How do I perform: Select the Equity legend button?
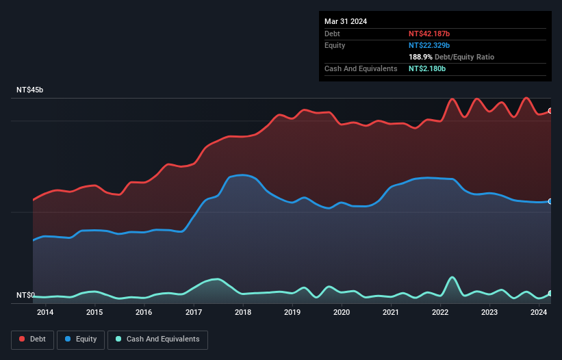click(81, 339)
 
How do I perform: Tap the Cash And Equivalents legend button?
click(157, 339)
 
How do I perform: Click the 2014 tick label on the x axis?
click(45, 313)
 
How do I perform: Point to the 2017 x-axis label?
click(194, 313)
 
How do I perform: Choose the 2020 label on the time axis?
click(342, 313)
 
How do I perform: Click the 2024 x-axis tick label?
click(539, 313)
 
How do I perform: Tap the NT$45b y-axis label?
click(30, 90)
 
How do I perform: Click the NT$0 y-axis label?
click(25, 295)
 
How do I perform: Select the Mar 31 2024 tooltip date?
click(346, 21)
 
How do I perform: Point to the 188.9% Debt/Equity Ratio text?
click(451, 57)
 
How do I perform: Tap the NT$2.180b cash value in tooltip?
click(427, 69)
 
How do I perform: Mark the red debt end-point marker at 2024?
click(550, 111)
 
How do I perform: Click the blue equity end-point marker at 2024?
click(550, 201)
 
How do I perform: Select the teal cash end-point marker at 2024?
click(550, 294)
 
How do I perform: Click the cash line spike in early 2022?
click(452, 278)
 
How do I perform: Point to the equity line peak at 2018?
click(243, 175)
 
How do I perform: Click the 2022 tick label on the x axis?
click(440, 313)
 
